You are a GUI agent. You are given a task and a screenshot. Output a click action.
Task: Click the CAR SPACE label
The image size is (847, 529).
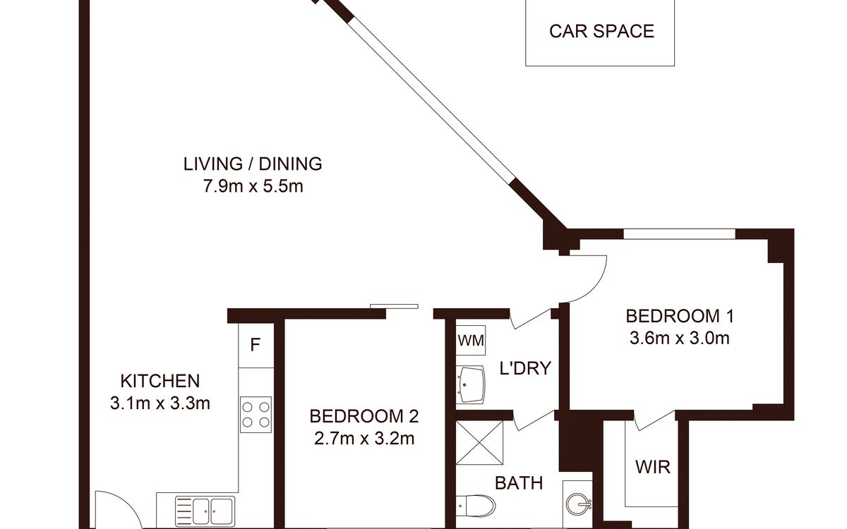[601, 31]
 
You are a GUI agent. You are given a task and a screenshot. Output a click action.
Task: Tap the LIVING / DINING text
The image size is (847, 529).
[253, 164]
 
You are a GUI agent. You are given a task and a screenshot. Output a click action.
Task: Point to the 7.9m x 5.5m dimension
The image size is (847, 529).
[253, 186]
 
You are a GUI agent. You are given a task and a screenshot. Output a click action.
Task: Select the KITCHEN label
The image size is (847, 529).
[160, 381]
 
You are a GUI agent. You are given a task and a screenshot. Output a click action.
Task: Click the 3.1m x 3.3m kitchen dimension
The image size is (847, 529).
[160, 403]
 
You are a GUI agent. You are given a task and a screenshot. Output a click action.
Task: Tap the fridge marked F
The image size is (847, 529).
[256, 345]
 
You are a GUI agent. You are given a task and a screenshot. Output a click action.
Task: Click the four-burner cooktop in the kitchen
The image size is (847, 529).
[256, 415]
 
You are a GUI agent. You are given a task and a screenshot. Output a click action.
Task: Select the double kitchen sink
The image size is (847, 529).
[205, 510]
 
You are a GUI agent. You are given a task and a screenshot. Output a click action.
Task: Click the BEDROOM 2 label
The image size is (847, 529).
[364, 416]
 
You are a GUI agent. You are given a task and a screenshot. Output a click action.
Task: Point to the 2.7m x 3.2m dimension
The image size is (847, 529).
[364, 439]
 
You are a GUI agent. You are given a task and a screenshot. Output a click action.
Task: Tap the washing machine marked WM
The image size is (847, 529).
[470, 341]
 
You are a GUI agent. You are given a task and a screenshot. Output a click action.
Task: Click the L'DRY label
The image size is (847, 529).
[525, 368]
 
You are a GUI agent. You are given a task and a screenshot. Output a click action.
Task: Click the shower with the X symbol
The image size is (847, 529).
[479, 442]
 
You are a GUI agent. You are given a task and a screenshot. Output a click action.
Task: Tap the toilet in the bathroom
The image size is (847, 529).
[475, 506]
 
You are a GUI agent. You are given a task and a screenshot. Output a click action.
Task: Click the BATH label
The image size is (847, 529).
[519, 483]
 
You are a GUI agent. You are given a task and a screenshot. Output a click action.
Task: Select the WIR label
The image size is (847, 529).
[653, 468]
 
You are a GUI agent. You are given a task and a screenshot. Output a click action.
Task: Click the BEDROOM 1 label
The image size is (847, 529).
[680, 316]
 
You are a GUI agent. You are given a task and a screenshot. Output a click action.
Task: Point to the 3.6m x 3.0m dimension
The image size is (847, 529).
[680, 338]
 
